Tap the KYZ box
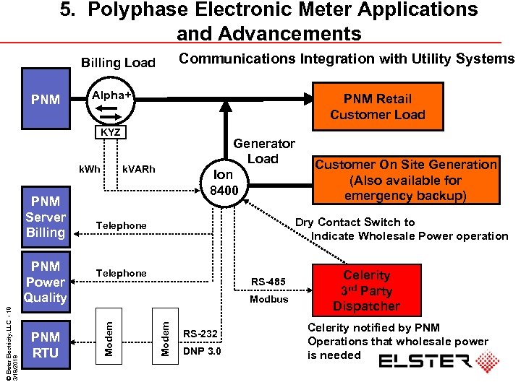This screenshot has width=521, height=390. click(111, 134)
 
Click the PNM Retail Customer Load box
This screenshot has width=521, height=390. click(377, 107)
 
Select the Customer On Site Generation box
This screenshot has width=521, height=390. click(405, 180)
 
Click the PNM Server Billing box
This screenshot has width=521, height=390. click(45, 217)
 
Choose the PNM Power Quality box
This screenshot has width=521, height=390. click(45, 282)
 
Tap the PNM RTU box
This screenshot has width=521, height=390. click(46, 344)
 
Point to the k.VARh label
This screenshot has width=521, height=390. click(138, 169)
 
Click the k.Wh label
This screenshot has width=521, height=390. click(90, 169)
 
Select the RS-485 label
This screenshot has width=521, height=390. click(268, 281)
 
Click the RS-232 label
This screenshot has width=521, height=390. click(200, 333)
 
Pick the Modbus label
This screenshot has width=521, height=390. click(268, 299)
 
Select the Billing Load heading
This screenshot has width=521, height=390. click(118, 63)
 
